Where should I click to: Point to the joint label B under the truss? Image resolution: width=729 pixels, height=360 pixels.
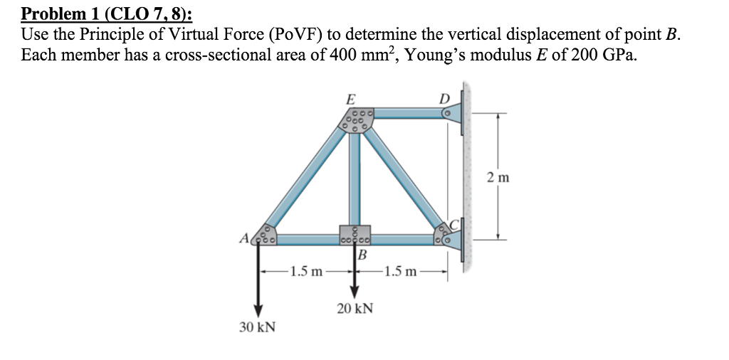point(362,255)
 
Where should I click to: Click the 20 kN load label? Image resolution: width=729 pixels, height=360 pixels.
point(354,309)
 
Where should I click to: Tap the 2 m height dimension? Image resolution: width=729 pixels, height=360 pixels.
point(498,177)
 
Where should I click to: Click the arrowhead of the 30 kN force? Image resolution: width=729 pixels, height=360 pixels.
point(258,307)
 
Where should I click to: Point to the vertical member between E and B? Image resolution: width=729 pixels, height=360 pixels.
point(355,178)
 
